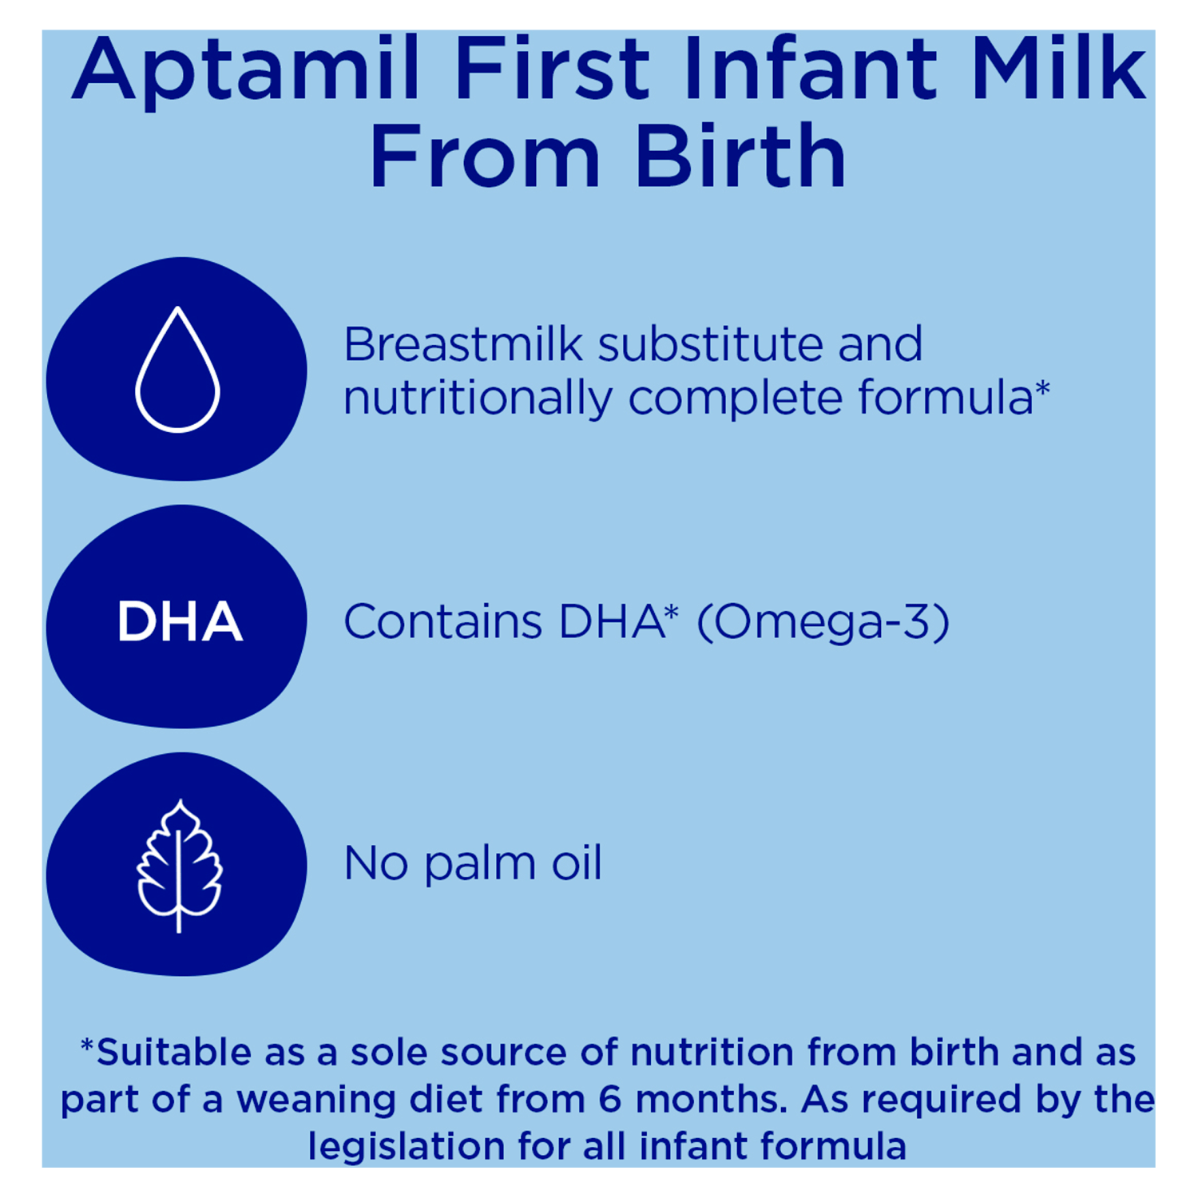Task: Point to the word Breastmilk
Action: (462, 345)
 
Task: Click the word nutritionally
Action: (476, 398)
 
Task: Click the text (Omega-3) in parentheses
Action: (823, 622)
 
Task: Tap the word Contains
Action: (442, 622)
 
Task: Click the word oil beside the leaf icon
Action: (576, 863)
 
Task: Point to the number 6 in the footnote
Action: (609, 1099)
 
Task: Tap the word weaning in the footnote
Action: (316, 1101)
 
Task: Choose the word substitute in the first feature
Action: (710, 345)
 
